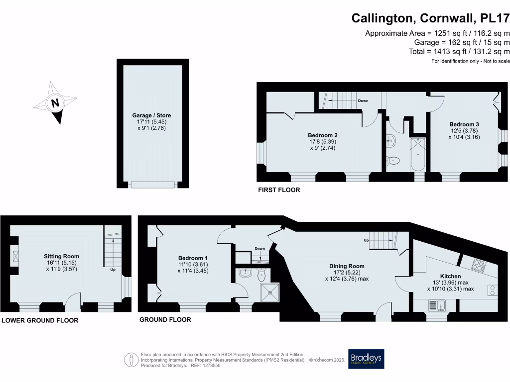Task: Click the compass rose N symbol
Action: point(55,103)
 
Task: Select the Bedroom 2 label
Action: point(323,135)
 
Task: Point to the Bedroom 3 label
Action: point(464,124)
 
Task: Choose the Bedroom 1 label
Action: point(193,258)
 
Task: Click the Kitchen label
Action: point(450,276)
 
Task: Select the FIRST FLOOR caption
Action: point(278,190)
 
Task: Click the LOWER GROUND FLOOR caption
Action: point(40,320)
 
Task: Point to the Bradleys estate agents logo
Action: point(366,359)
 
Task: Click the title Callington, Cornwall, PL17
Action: point(430,18)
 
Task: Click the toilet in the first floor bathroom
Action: point(393,160)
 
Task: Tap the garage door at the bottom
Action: point(152,185)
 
